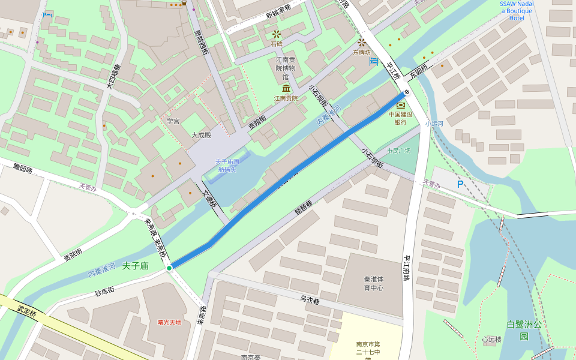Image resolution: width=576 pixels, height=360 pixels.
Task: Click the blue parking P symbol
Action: pyautogui.click(x=460, y=184)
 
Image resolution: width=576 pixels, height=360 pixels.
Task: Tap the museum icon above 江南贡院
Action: pyautogui.click(x=286, y=89)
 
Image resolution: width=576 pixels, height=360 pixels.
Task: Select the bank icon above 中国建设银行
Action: pyautogui.click(x=400, y=106)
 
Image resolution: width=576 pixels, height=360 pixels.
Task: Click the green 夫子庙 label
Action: pyautogui.click(x=135, y=265)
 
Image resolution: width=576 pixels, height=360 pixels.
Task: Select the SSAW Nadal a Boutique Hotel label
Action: pyautogui.click(x=516, y=11)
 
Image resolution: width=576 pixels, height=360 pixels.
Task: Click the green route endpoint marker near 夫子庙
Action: pyautogui.click(x=169, y=268)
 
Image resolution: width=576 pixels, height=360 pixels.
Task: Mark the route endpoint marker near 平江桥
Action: pyautogui.click(x=406, y=92)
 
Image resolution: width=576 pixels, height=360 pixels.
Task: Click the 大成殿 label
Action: pyautogui.click(x=201, y=135)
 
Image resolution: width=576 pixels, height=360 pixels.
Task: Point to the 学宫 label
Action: pyautogui.click(x=173, y=121)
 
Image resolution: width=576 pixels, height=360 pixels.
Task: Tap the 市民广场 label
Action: pyautogui.click(x=398, y=151)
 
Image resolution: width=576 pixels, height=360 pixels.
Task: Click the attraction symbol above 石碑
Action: pyautogui.click(x=276, y=34)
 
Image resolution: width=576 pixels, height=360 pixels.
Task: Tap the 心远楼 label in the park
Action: pyautogui.click(x=491, y=339)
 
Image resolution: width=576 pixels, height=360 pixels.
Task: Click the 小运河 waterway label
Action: pyautogui.click(x=434, y=124)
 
